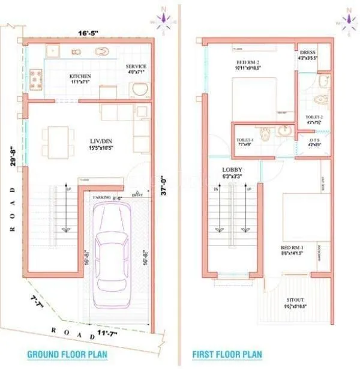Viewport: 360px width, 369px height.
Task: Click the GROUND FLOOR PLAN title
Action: click(67, 355)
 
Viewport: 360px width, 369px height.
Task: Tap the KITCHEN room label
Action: click(80, 76)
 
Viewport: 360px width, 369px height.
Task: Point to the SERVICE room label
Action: click(137, 67)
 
